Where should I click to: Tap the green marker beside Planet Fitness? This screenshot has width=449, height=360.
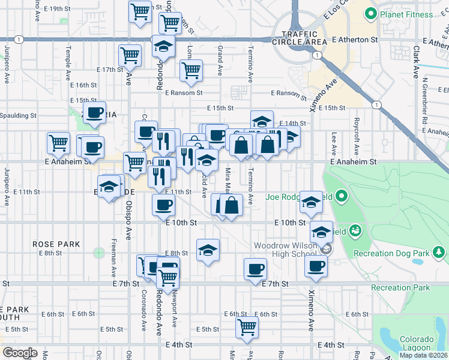[x=370, y=14]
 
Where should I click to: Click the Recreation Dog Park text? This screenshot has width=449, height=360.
[x=400, y=253]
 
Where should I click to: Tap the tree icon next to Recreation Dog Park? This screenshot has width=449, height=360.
[x=440, y=253]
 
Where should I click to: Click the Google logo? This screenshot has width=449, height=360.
[x=20, y=353]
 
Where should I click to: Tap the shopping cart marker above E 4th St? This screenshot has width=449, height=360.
[x=247, y=328]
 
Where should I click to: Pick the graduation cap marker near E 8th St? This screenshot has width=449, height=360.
[x=208, y=250]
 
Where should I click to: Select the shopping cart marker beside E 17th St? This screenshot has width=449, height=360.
[x=130, y=56]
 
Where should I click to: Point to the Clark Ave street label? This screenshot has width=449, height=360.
[x=415, y=63]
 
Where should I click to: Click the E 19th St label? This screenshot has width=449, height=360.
[x=58, y=9]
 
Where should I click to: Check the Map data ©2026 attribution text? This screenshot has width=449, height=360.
[x=423, y=355]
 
